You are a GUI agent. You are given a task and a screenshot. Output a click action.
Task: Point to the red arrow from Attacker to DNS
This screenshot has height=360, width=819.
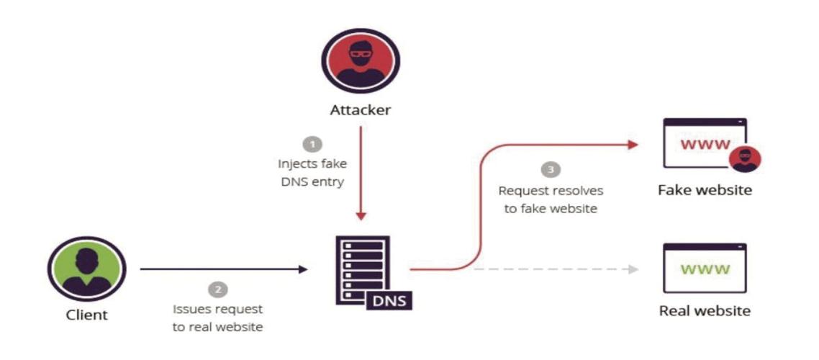click(361, 173)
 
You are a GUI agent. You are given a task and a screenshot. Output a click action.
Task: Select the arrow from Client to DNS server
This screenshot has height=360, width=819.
click(223, 270)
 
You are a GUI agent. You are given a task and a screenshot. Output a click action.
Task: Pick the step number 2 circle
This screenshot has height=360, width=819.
click(217, 289)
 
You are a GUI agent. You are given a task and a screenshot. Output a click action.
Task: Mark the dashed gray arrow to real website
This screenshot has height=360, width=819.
click(554, 270)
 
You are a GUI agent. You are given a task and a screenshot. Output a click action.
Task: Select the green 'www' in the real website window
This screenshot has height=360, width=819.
click(705, 270)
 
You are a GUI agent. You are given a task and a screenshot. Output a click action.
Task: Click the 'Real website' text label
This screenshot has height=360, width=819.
click(705, 311)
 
